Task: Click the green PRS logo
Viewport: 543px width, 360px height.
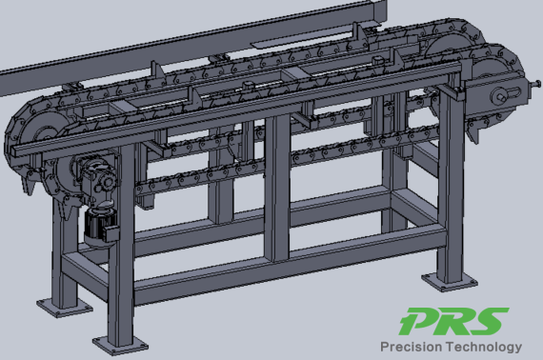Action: point(453,321)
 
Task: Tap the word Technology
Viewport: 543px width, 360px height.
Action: point(484,347)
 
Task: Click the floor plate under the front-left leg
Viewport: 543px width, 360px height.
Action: point(120,345)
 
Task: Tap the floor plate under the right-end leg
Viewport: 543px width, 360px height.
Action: point(449,281)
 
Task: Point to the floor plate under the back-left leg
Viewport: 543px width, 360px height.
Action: point(65,308)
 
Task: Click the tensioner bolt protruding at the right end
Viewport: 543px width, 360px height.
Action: point(535,84)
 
